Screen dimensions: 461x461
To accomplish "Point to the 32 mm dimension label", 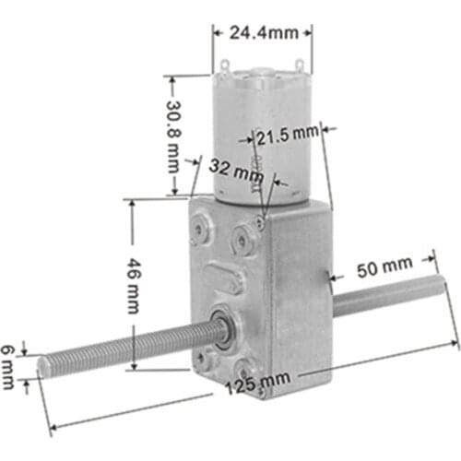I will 236,171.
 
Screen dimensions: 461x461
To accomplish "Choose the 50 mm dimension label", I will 384,266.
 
